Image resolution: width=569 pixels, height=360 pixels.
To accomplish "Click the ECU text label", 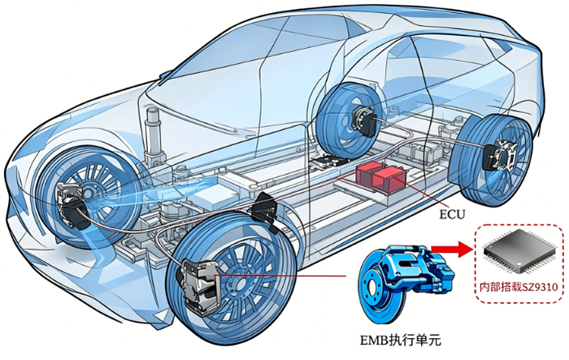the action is (452, 214).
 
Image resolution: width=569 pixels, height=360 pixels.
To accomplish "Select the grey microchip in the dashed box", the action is (519, 251).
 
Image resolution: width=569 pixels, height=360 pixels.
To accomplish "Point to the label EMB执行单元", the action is (400, 340).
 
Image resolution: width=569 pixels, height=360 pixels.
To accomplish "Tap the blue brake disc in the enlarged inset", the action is (377, 287).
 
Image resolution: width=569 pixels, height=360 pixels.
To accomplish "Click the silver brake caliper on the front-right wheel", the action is (199, 287).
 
